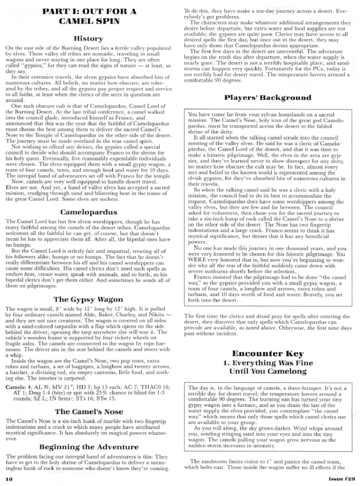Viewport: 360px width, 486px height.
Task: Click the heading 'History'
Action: pos(88,38)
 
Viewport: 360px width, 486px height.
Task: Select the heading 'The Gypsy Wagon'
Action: pos(88,299)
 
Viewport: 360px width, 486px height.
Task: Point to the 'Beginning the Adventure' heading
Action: pos(88,447)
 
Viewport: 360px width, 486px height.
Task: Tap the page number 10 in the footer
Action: pos(9,479)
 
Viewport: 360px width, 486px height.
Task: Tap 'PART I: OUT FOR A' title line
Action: pos(88,10)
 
